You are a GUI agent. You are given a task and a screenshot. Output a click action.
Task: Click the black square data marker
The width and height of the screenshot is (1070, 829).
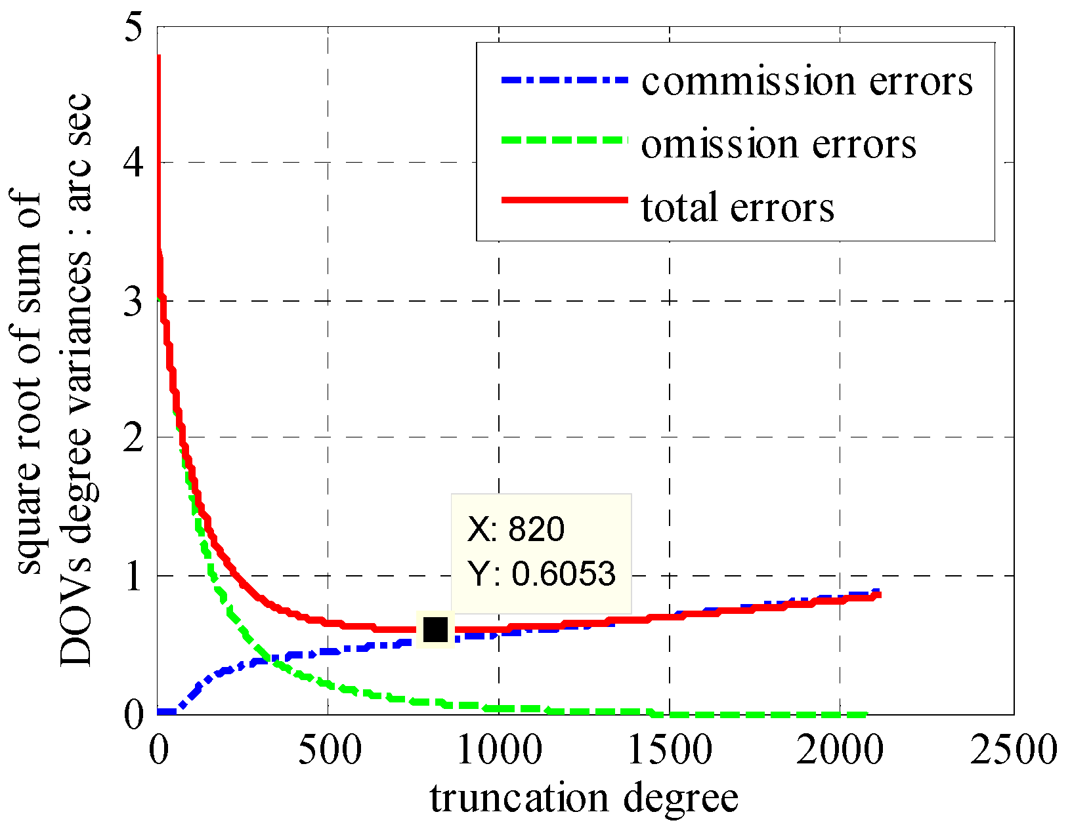click(435, 630)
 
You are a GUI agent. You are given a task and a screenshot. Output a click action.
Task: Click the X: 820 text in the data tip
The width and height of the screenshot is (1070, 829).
click(515, 529)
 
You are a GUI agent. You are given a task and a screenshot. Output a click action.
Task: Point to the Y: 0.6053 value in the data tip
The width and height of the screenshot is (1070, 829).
click(542, 574)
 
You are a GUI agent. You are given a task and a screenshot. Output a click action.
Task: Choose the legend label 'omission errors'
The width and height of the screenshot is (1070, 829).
click(779, 144)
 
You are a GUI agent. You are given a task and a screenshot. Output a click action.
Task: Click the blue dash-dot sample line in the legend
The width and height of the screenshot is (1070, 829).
click(564, 80)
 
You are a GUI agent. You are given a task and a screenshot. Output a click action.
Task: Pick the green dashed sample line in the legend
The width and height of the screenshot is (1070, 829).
click(564, 140)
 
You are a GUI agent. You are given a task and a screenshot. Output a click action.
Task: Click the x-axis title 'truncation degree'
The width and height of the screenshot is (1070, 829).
click(584, 798)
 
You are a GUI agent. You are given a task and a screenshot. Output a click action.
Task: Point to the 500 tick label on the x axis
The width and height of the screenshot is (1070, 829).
click(329, 749)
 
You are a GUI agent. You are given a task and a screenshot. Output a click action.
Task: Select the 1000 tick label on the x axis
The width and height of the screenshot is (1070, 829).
click(500, 749)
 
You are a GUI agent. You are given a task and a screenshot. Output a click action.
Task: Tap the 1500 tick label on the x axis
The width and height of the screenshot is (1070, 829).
click(670, 749)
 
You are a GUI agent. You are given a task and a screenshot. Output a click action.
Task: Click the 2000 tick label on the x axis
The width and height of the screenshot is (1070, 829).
click(841, 749)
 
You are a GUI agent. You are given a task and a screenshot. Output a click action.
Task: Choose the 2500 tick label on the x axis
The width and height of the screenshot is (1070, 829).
click(1014, 749)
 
